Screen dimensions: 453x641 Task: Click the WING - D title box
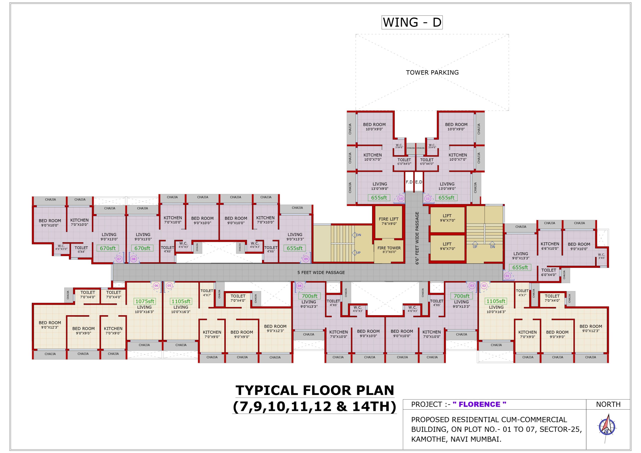pyautogui.click(x=412, y=22)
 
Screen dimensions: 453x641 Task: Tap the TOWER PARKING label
pyautogui.click(x=432, y=73)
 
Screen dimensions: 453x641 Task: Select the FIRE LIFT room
pyautogui.click(x=388, y=221)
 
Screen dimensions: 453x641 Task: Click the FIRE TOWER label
pyautogui.click(x=389, y=248)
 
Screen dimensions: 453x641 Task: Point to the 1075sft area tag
pyautogui.click(x=145, y=301)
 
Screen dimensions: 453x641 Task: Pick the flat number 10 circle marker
pyautogui.click(x=401, y=199)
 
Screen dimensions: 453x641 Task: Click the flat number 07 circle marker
pyautogui.click(x=119, y=259)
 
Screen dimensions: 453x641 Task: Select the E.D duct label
pyautogui.click(x=419, y=182)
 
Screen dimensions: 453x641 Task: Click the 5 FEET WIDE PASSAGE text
pyautogui.click(x=321, y=272)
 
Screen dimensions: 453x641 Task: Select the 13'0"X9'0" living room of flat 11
pyautogui.click(x=447, y=186)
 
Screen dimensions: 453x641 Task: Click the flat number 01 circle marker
pyautogui.click(x=508, y=276)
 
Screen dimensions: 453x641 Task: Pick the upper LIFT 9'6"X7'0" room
pyautogui.click(x=447, y=218)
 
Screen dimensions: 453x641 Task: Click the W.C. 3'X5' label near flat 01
pyautogui.click(x=601, y=256)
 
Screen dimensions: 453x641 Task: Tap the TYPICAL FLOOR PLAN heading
pyautogui.click(x=315, y=390)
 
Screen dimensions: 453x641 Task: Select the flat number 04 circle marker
pyautogui.click(x=299, y=286)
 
